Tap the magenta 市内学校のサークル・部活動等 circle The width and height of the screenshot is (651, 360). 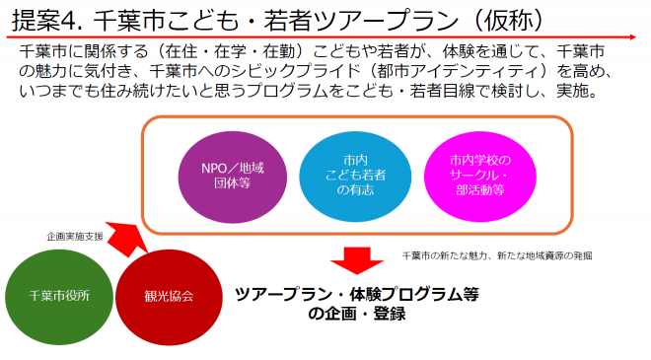[x=476, y=176]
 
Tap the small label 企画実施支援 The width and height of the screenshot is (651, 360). [x=74, y=238]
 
